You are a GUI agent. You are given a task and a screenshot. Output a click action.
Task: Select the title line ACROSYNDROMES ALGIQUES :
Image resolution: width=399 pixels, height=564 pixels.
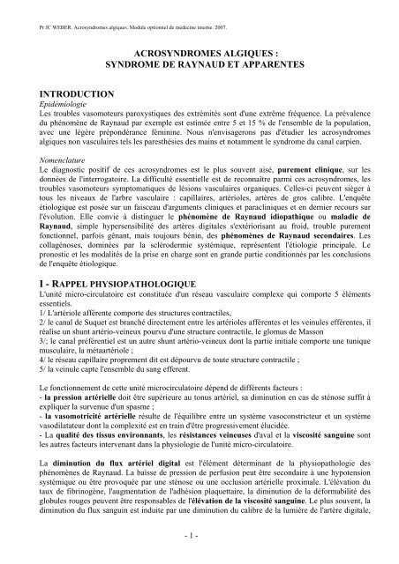[199, 53]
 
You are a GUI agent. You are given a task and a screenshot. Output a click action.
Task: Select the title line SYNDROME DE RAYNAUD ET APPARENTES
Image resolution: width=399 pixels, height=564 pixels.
[199, 66]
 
